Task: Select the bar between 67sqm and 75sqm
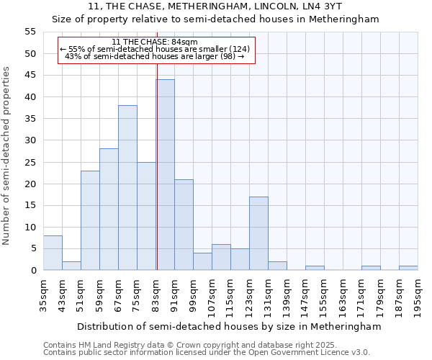point(127,188)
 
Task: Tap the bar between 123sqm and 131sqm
point(258,233)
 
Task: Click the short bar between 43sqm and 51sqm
point(71,266)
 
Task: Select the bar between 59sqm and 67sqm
point(109,210)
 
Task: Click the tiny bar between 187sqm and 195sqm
point(408,268)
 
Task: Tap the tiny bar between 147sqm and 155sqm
point(315,268)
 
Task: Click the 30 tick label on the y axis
point(30,140)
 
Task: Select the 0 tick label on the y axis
point(32,271)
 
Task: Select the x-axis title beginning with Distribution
point(228,326)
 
